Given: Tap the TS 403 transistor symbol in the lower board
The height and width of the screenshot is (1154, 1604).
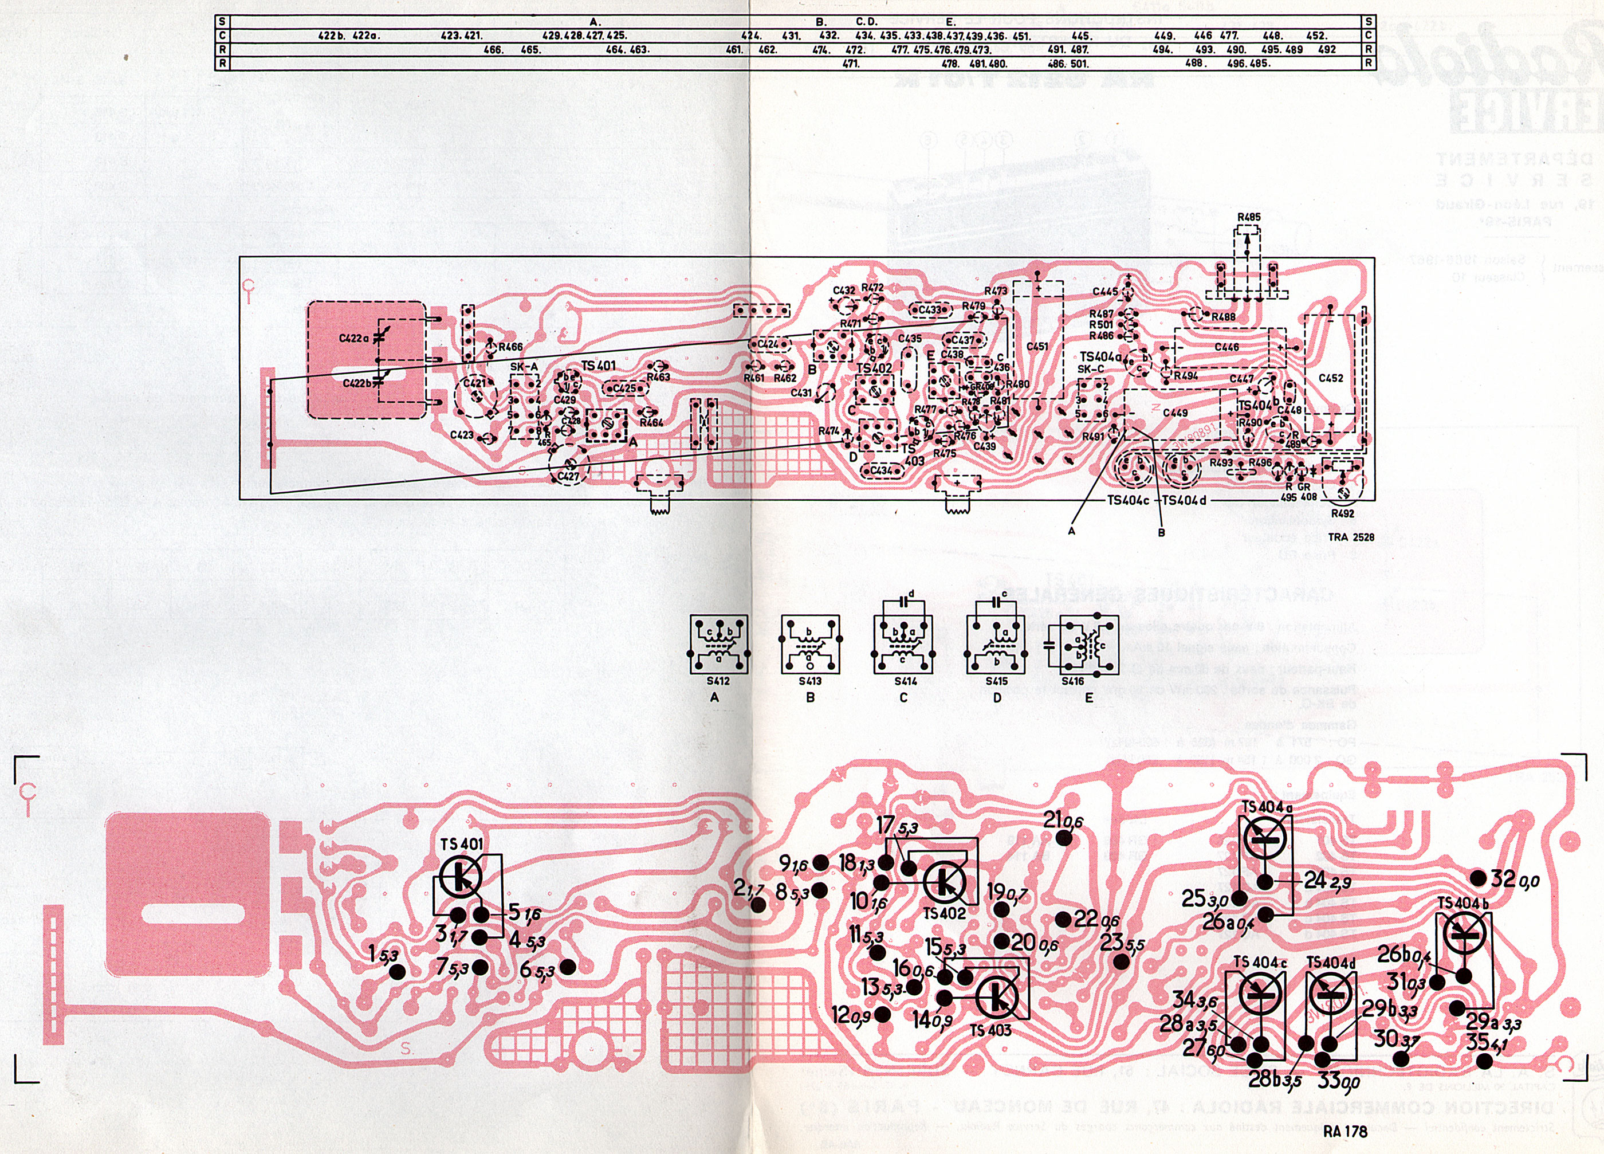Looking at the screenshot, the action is click(x=997, y=998).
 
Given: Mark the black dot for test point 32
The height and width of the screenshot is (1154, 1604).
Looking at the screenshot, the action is click(x=1477, y=878).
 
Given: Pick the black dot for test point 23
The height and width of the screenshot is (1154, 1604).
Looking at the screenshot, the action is click(x=1121, y=961).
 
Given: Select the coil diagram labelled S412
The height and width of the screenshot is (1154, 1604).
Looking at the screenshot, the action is click(x=718, y=645).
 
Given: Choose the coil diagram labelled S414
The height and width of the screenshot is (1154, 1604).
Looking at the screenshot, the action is click(x=902, y=645).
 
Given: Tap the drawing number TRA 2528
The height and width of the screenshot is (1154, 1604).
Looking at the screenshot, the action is click(x=1351, y=537).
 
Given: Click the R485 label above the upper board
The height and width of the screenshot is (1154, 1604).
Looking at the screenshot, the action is click(x=1248, y=217).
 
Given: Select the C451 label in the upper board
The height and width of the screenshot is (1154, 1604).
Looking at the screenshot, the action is click(x=1037, y=347).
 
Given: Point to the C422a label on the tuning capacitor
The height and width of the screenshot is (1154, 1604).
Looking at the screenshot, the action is click(x=355, y=339).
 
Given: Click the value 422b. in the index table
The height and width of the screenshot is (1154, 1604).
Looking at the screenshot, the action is click(x=332, y=36).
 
